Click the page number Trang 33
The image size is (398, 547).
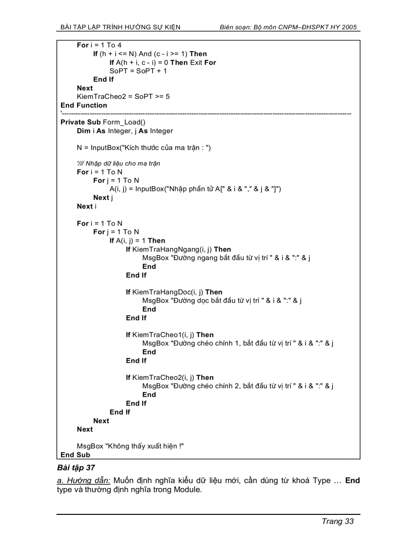[338, 521]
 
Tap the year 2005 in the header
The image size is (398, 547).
[350, 27]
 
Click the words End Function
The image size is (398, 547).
[84, 105]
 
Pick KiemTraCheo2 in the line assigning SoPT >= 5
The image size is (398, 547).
[100, 96]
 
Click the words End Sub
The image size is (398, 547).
[75, 455]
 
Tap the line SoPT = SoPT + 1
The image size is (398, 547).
[138, 71]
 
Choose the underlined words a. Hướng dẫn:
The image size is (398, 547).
[84, 481]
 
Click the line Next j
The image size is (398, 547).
[103, 198]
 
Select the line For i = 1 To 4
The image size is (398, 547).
[99, 45]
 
